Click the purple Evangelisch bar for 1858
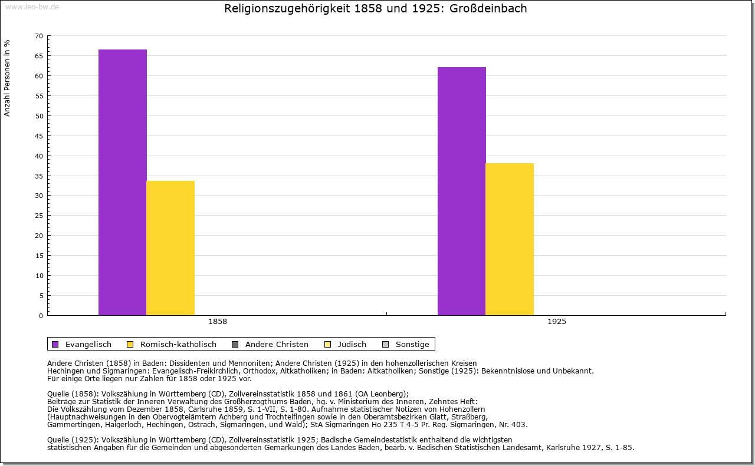pyautogui.click(x=122, y=182)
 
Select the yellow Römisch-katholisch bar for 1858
pyautogui.click(x=170, y=248)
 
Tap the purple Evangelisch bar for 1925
pyautogui.click(x=461, y=191)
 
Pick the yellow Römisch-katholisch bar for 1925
pyautogui.click(x=510, y=239)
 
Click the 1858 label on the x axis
pyautogui.click(x=218, y=322)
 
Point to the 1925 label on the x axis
pyautogui.click(x=557, y=322)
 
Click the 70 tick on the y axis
pyautogui.click(x=39, y=36)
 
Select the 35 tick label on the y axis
pyautogui.click(x=39, y=176)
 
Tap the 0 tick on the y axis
pyautogui.click(x=41, y=316)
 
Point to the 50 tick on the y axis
pyautogui.click(x=39, y=116)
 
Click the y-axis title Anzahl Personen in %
pyautogui.click(x=7, y=78)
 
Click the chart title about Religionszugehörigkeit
pyautogui.click(x=376, y=9)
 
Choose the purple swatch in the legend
pyautogui.click(x=55, y=344)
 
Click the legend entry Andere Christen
pyautogui.click(x=277, y=344)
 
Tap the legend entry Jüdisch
pyautogui.click(x=352, y=344)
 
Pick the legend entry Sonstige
pyautogui.click(x=412, y=344)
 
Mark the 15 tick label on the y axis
pyautogui.click(x=39, y=256)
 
